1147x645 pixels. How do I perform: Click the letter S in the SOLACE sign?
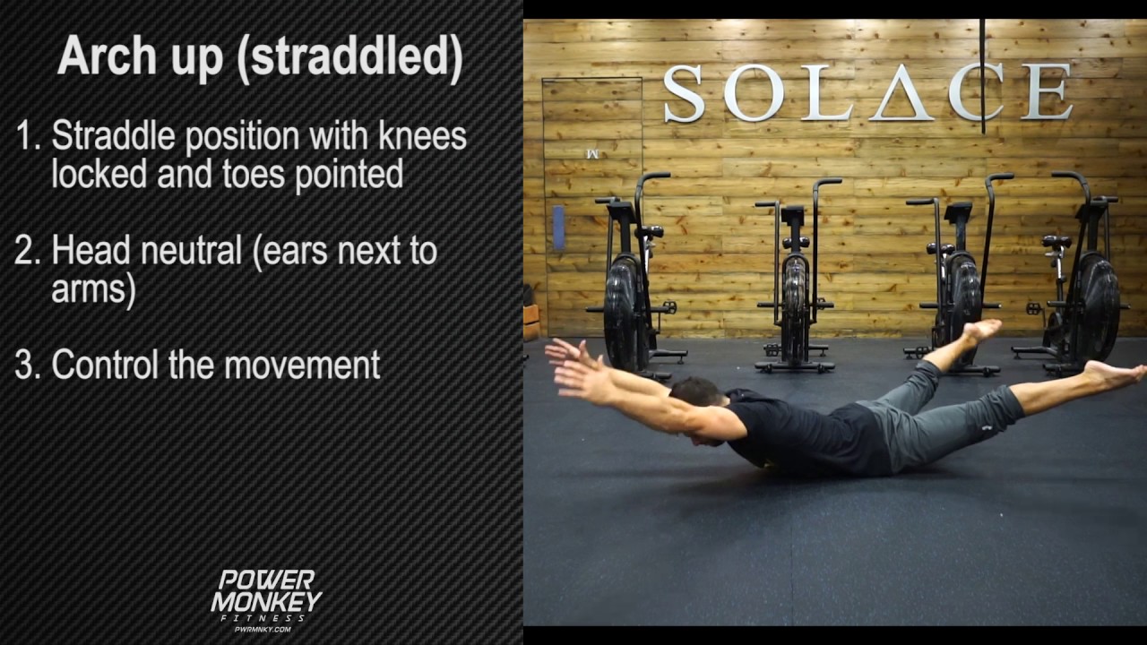click(x=684, y=93)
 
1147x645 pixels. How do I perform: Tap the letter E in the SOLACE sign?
click(x=1048, y=92)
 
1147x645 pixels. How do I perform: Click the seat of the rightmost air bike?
click(x=1057, y=242)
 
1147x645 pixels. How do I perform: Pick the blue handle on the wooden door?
click(x=558, y=228)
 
